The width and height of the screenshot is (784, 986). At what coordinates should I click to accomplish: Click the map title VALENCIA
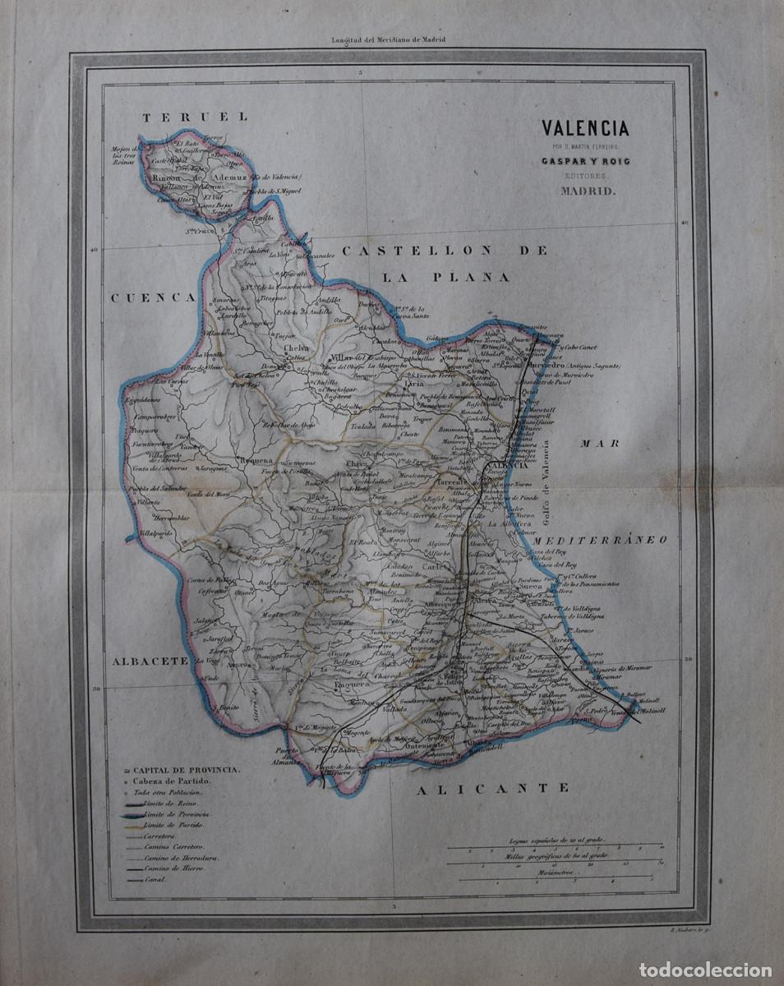tap(585, 128)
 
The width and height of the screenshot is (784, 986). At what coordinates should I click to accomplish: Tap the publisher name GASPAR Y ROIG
tap(585, 162)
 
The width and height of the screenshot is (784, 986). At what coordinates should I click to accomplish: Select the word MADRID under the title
tap(586, 191)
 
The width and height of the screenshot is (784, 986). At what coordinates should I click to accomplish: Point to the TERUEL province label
tap(196, 117)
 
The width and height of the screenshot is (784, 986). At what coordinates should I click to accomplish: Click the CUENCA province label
tap(153, 298)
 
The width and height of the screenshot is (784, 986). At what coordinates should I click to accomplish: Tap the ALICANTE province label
tap(492, 788)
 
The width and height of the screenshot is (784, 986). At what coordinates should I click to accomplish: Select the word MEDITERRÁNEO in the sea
tap(599, 540)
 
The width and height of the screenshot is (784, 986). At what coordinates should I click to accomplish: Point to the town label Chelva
tap(296, 348)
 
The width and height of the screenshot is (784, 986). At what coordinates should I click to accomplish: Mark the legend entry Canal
tap(155, 879)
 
